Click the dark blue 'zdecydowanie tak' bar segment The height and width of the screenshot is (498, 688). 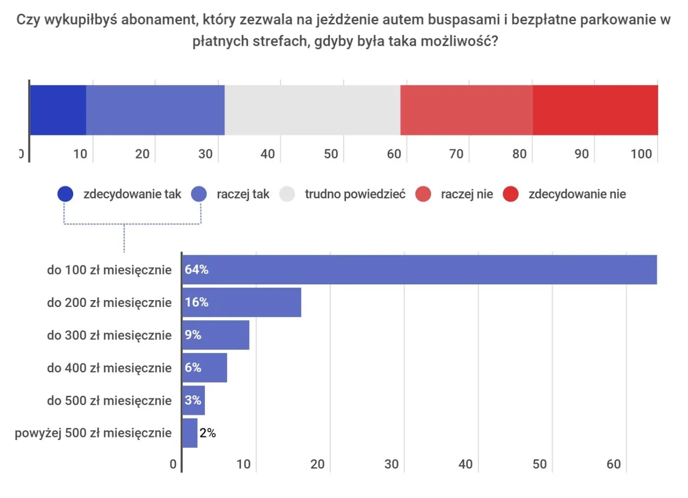pyautogui.click(x=58, y=110)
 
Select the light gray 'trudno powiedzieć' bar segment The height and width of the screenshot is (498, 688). pyautogui.click(x=313, y=110)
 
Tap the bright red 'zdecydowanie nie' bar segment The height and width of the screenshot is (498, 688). pyautogui.click(x=595, y=110)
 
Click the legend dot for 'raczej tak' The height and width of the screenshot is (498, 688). pyautogui.click(x=199, y=194)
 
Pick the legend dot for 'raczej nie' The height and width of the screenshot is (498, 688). pyautogui.click(x=423, y=194)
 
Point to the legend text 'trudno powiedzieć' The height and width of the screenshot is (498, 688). pyautogui.click(x=355, y=194)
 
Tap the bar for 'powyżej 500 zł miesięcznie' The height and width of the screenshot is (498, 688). pyautogui.click(x=190, y=433)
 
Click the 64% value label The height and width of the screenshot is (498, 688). pyautogui.click(x=197, y=270)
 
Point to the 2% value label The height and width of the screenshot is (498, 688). pyautogui.click(x=208, y=433)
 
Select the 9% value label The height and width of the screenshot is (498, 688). pyautogui.click(x=193, y=335)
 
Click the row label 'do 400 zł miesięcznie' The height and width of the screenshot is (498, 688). pyautogui.click(x=109, y=368)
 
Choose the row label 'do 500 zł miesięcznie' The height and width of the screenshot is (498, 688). pyautogui.click(x=109, y=401)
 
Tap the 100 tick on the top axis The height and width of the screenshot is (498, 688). pyautogui.click(x=641, y=154)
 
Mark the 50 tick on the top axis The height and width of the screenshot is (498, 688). pyautogui.click(x=331, y=154)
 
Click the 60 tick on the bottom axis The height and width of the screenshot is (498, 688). pyautogui.click(x=613, y=464)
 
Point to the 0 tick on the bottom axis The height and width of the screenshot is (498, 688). pyautogui.click(x=173, y=464)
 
